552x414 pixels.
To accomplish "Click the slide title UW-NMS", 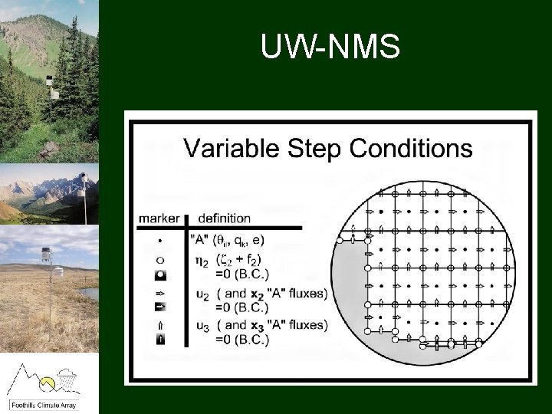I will [330, 48].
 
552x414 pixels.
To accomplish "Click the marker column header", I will [159, 219].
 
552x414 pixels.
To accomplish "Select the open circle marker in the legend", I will [159, 258].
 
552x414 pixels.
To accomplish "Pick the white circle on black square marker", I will [159, 274].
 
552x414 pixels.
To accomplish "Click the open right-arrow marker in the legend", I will [159, 292].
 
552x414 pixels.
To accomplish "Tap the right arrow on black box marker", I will [159, 307].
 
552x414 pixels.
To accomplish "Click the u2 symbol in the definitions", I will [202, 293].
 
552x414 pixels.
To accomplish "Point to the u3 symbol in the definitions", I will [202, 326].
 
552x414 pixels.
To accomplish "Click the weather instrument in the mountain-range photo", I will [83, 182].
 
